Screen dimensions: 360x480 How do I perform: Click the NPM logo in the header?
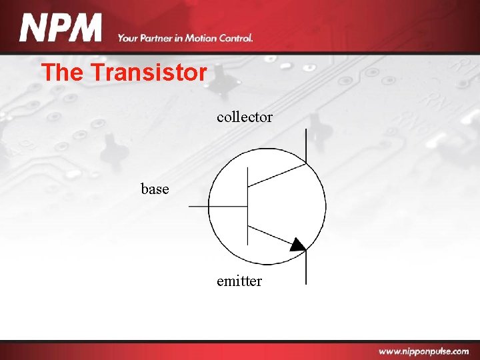61,29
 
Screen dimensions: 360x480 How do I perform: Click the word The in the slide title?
61,72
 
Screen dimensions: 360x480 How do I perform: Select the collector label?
244,117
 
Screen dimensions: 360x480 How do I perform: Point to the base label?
155,189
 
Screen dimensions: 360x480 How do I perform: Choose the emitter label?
239,281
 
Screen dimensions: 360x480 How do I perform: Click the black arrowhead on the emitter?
297,245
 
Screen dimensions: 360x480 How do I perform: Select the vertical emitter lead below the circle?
306,270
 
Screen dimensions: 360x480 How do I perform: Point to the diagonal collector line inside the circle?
277,174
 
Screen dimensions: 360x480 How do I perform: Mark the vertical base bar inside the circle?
247,207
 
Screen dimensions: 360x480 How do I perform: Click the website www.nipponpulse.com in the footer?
423,351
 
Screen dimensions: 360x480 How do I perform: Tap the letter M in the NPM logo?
86,29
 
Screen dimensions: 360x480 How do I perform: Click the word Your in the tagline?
128,38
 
